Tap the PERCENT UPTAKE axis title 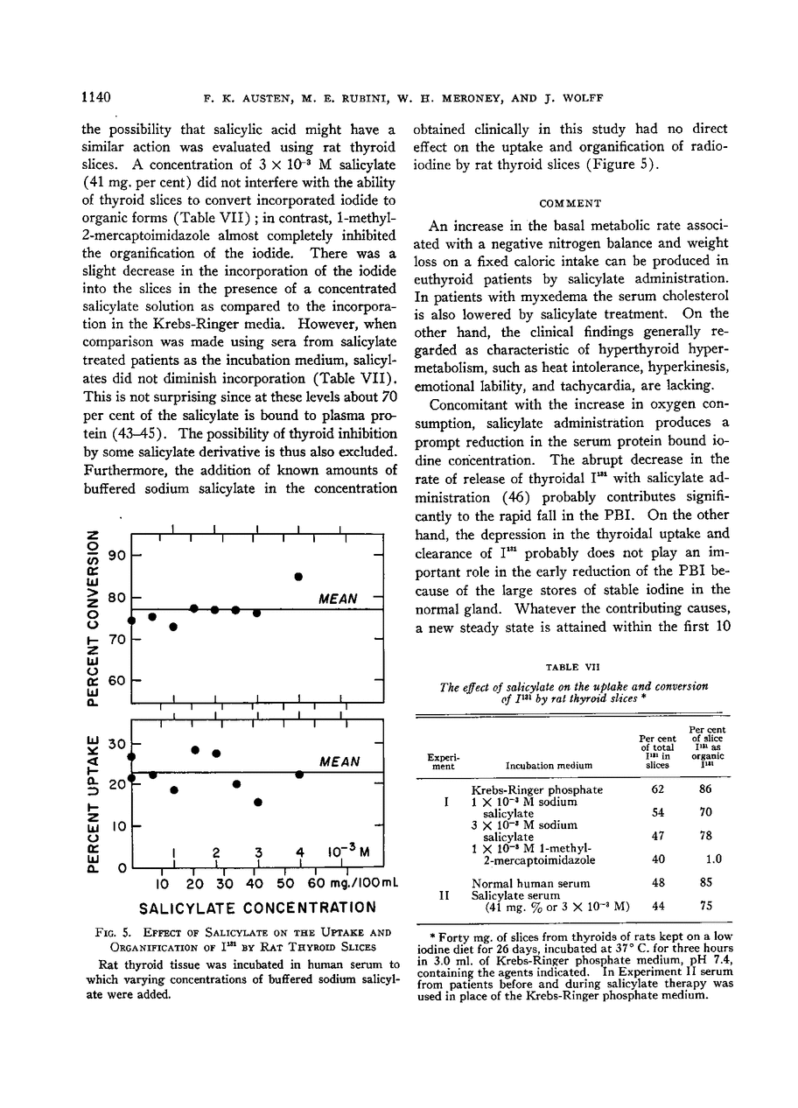[92, 794]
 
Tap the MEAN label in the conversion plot [337, 599]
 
